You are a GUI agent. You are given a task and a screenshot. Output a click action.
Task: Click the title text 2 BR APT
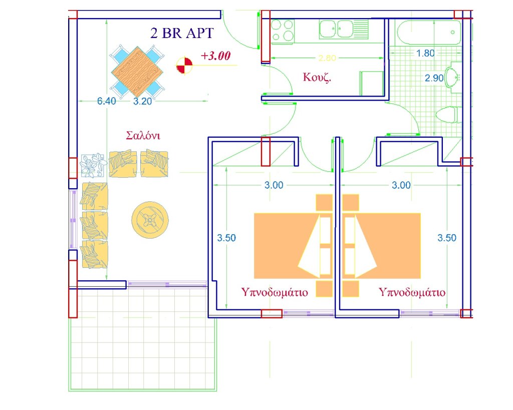pyautogui.click(x=182, y=33)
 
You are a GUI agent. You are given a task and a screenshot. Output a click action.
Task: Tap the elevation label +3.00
pyautogui.click(x=215, y=56)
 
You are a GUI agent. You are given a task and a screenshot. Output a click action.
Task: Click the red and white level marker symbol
pyautogui.click(x=184, y=65)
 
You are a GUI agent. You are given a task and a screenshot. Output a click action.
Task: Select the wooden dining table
pyautogui.click(x=137, y=71)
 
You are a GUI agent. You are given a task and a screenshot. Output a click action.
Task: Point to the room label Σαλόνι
pyautogui.click(x=143, y=135)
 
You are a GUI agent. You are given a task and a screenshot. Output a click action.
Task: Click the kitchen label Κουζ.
pyautogui.click(x=317, y=77)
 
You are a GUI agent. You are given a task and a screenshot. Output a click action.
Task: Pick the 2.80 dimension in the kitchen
pyautogui.click(x=327, y=58)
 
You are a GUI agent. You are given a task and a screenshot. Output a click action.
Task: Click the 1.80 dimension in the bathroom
pyautogui.click(x=425, y=53)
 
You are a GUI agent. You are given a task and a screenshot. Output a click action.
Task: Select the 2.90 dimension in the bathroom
pyautogui.click(x=434, y=78)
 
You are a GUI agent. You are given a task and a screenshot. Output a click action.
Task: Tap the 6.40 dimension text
pyautogui.click(x=106, y=101)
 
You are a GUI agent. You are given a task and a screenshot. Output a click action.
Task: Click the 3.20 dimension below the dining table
pyautogui.click(x=142, y=101)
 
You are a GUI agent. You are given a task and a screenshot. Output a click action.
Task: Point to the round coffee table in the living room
pyautogui.click(x=150, y=220)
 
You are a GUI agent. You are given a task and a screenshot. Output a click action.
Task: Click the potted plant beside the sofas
pyautogui.click(x=94, y=165)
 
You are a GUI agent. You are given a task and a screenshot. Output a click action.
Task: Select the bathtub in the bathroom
pyautogui.click(x=429, y=32)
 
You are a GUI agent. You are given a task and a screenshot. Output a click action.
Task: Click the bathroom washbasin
pyautogui.click(x=452, y=78)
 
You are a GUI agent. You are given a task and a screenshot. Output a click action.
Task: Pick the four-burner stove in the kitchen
pyautogui.click(x=283, y=31)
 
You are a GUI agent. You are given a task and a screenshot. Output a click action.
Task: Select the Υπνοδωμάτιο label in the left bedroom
pyautogui.click(x=275, y=292)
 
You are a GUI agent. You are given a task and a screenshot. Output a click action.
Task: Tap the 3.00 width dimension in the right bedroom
pyautogui.click(x=401, y=185)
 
